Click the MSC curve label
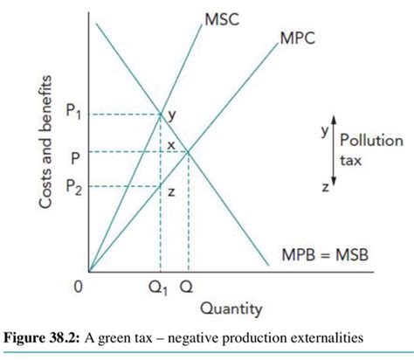click(x=222, y=18)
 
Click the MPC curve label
click(x=298, y=39)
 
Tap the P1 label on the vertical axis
click(x=75, y=112)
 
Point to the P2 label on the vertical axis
click(x=75, y=186)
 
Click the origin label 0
click(x=77, y=285)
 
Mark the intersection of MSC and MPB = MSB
click(x=160, y=113)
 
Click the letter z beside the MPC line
click(x=173, y=192)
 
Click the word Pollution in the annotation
click(x=371, y=140)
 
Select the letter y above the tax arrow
click(x=323, y=128)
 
